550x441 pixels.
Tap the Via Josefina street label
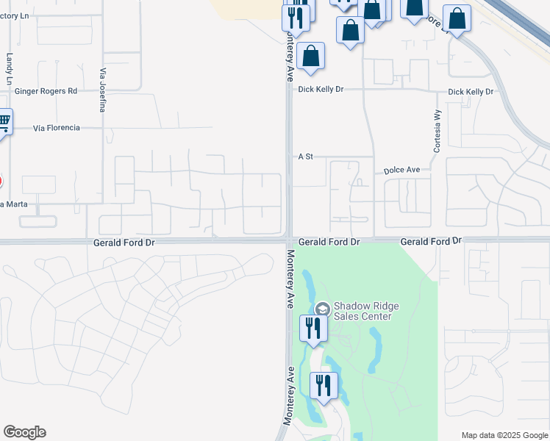click(102, 90)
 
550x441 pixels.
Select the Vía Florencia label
click(56, 128)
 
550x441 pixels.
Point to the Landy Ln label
click(10, 68)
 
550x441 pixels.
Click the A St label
click(306, 157)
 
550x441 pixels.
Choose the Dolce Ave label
click(401, 170)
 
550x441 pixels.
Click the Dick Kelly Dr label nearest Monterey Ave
click(321, 90)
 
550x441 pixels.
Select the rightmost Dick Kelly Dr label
click(471, 92)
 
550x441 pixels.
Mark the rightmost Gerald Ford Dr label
click(431, 241)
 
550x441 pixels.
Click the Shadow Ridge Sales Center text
click(362, 311)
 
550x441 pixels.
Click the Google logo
click(24, 432)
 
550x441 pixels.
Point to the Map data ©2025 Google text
click(504, 435)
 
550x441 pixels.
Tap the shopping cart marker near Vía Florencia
click(4, 121)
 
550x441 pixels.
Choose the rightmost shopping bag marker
click(457, 18)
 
